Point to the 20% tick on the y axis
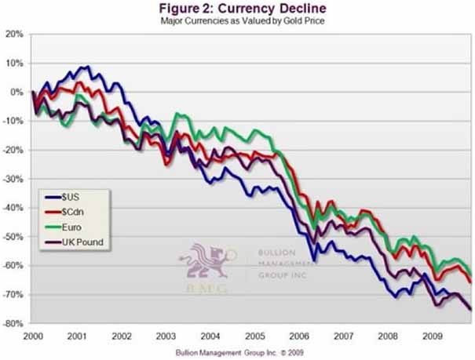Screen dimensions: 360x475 pyautogui.click(x=15, y=35)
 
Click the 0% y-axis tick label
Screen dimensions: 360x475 pyautogui.click(x=17, y=93)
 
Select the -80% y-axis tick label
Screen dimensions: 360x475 pyautogui.click(x=13, y=323)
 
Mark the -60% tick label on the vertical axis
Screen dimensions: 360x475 pyautogui.click(x=13, y=266)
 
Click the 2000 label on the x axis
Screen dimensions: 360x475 pyautogui.click(x=32, y=334)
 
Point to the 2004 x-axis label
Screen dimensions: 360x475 pyautogui.click(x=209, y=334)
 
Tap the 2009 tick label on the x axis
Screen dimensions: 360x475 pyautogui.click(x=429, y=334)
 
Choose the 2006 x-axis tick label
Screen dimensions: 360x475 pyautogui.click(x=297, y=334)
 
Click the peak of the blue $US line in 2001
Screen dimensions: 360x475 pyautogui.click(x=87, y=67)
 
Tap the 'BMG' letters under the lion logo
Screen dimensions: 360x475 pyautogui.click(x=206, y=289)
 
